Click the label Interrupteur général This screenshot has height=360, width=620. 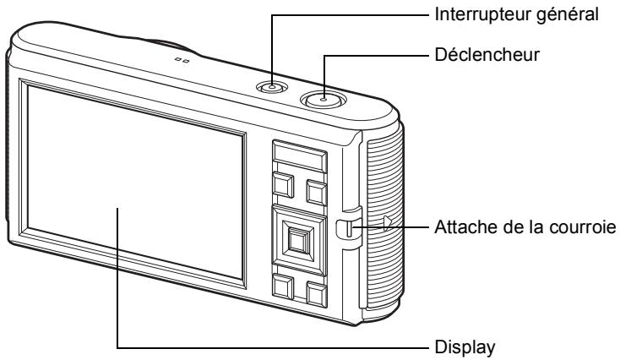point(516,14)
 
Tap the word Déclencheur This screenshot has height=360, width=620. point(487,55)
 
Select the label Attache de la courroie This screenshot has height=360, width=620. point(525,227)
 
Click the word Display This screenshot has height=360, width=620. point(465,347)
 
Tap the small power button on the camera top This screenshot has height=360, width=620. point(272,87)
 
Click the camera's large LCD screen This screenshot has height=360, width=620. point(135,182)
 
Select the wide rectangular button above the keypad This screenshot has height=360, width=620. point(300,155)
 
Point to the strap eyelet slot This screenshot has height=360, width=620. point(349,228)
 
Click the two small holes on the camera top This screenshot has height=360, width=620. point(182,61)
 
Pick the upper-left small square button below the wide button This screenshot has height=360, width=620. point(284,185)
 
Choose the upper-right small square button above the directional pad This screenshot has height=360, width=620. point(317,193)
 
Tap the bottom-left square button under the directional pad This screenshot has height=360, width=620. point(283,286)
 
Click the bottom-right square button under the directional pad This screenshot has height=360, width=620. point(317,294)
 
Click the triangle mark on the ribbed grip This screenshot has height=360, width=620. point(387,223)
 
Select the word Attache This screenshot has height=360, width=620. point(462,227)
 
